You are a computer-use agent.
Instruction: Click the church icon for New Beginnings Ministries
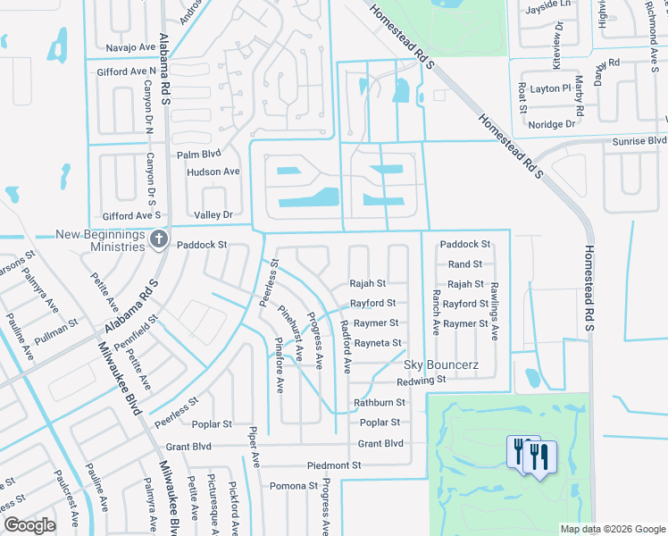tap(159, 239)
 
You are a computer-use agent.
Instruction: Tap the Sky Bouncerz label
tap(441, 364)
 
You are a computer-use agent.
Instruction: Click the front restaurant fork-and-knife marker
tap(539, 457)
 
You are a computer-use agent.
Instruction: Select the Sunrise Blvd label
tap(639, 141)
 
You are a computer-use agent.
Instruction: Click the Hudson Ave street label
tap(213, 172)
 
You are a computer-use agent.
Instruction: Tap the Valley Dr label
tap(213, 215)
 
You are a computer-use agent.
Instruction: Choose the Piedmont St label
tap(334, 465)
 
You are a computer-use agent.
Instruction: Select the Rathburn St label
tap(380, 402)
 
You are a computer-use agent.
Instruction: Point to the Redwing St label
tap(421, 381)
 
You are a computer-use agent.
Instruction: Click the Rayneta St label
tap(378, 343)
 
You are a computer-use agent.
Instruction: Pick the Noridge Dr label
tap(551, 124)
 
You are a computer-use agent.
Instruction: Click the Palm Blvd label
tap(198, 155)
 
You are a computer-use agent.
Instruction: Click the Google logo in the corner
tap(29, 525)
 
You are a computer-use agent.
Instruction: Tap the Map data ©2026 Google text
tap(612, 529)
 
